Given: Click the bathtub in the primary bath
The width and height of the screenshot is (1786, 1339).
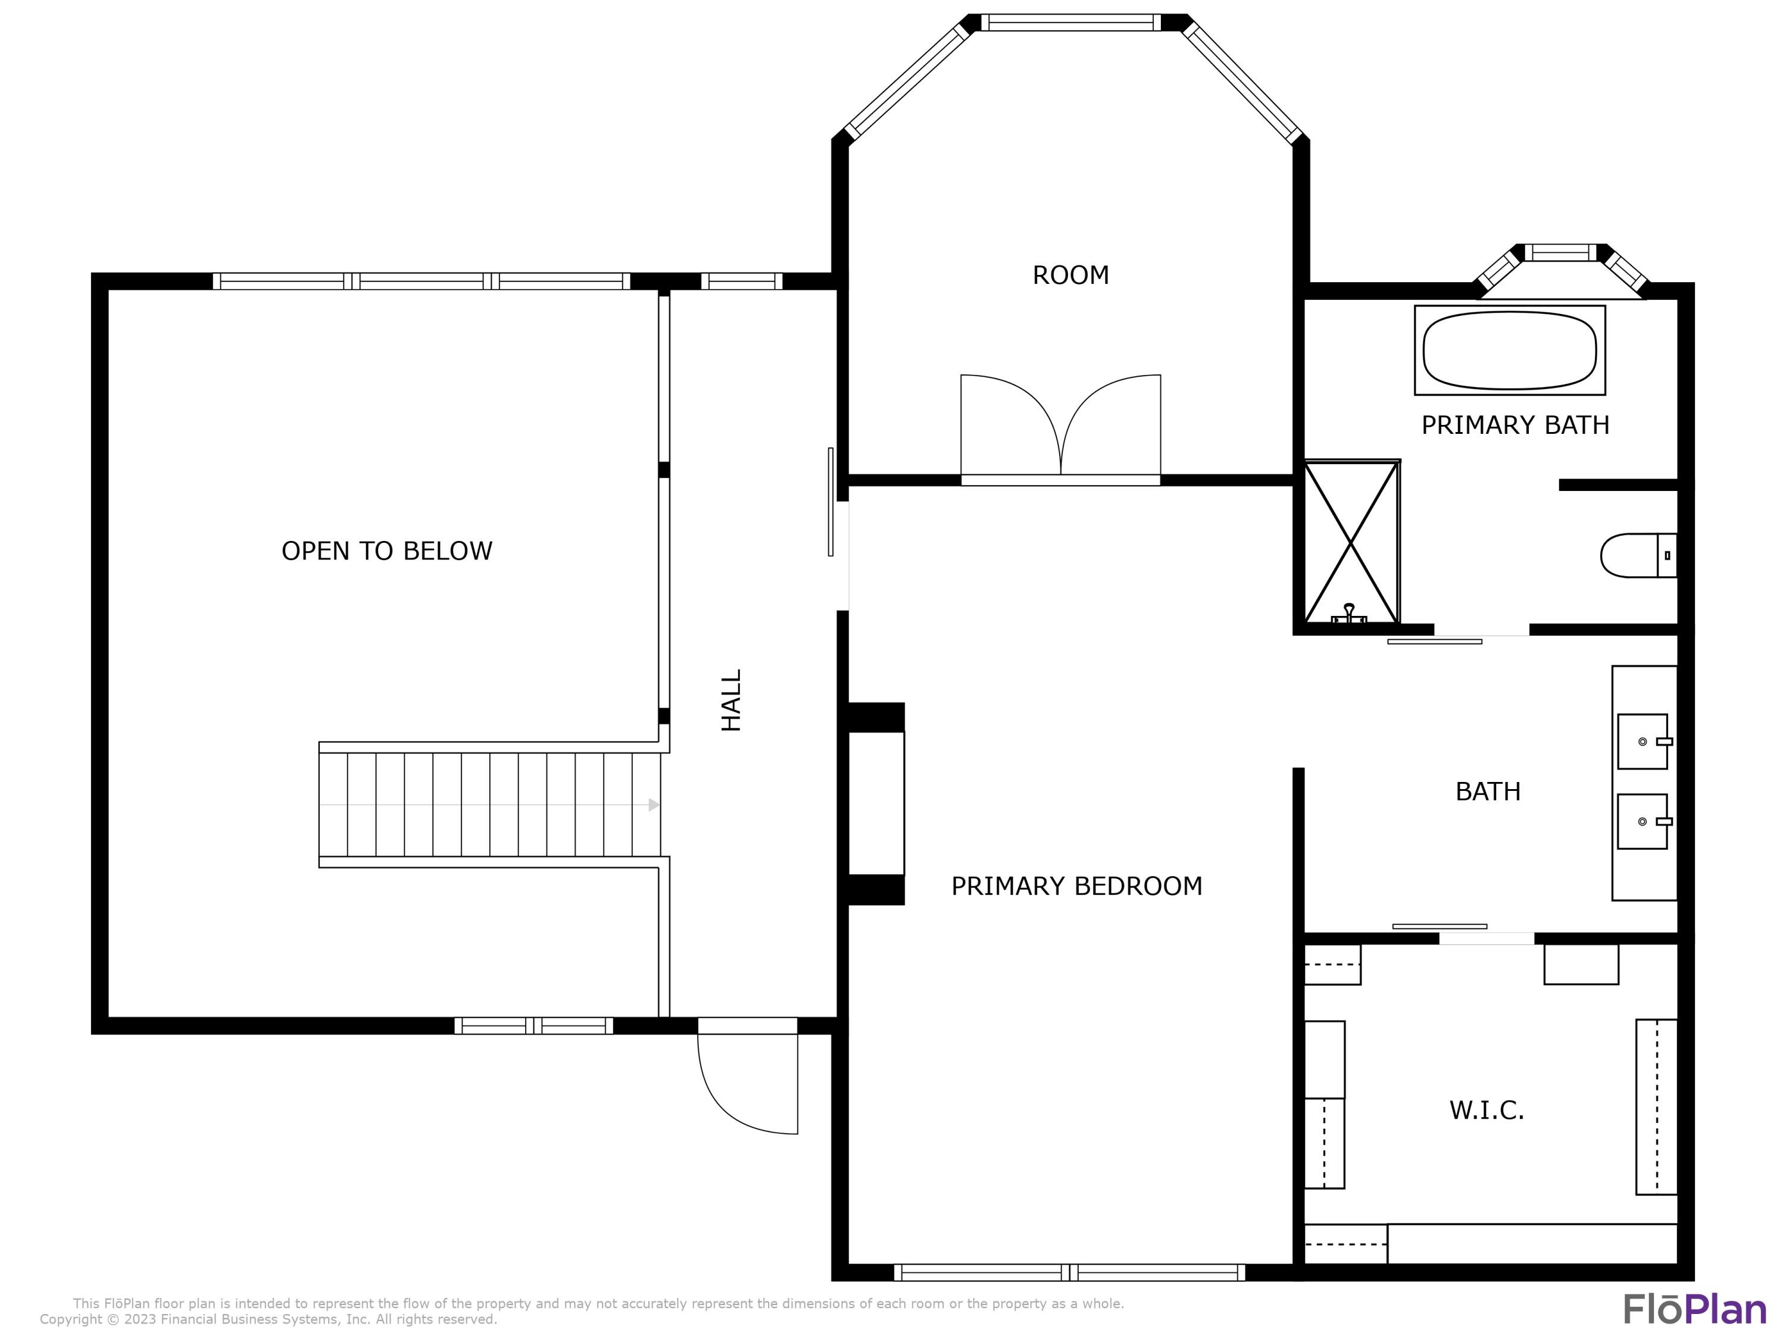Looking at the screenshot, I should point(1509,351).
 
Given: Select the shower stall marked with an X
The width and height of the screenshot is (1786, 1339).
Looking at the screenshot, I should point(1351,542).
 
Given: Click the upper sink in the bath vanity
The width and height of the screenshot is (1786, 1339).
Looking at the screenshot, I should point(1643,741).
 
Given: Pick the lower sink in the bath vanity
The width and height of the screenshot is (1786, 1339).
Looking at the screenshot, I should point(1643,821).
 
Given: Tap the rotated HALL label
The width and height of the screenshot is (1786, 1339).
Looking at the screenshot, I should point(730,700).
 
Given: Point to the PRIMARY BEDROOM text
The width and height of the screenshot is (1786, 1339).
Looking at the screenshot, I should point(1076,886).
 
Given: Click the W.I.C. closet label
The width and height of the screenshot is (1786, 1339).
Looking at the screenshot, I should point(1487,1110).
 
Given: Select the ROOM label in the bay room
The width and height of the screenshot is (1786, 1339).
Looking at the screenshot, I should point(1070,275).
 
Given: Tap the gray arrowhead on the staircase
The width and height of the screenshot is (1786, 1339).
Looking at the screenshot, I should point(653,805).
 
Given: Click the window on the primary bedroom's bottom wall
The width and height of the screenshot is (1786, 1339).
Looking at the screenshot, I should point(1069,1273).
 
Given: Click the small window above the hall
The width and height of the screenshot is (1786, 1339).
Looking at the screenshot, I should point(741,281).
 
